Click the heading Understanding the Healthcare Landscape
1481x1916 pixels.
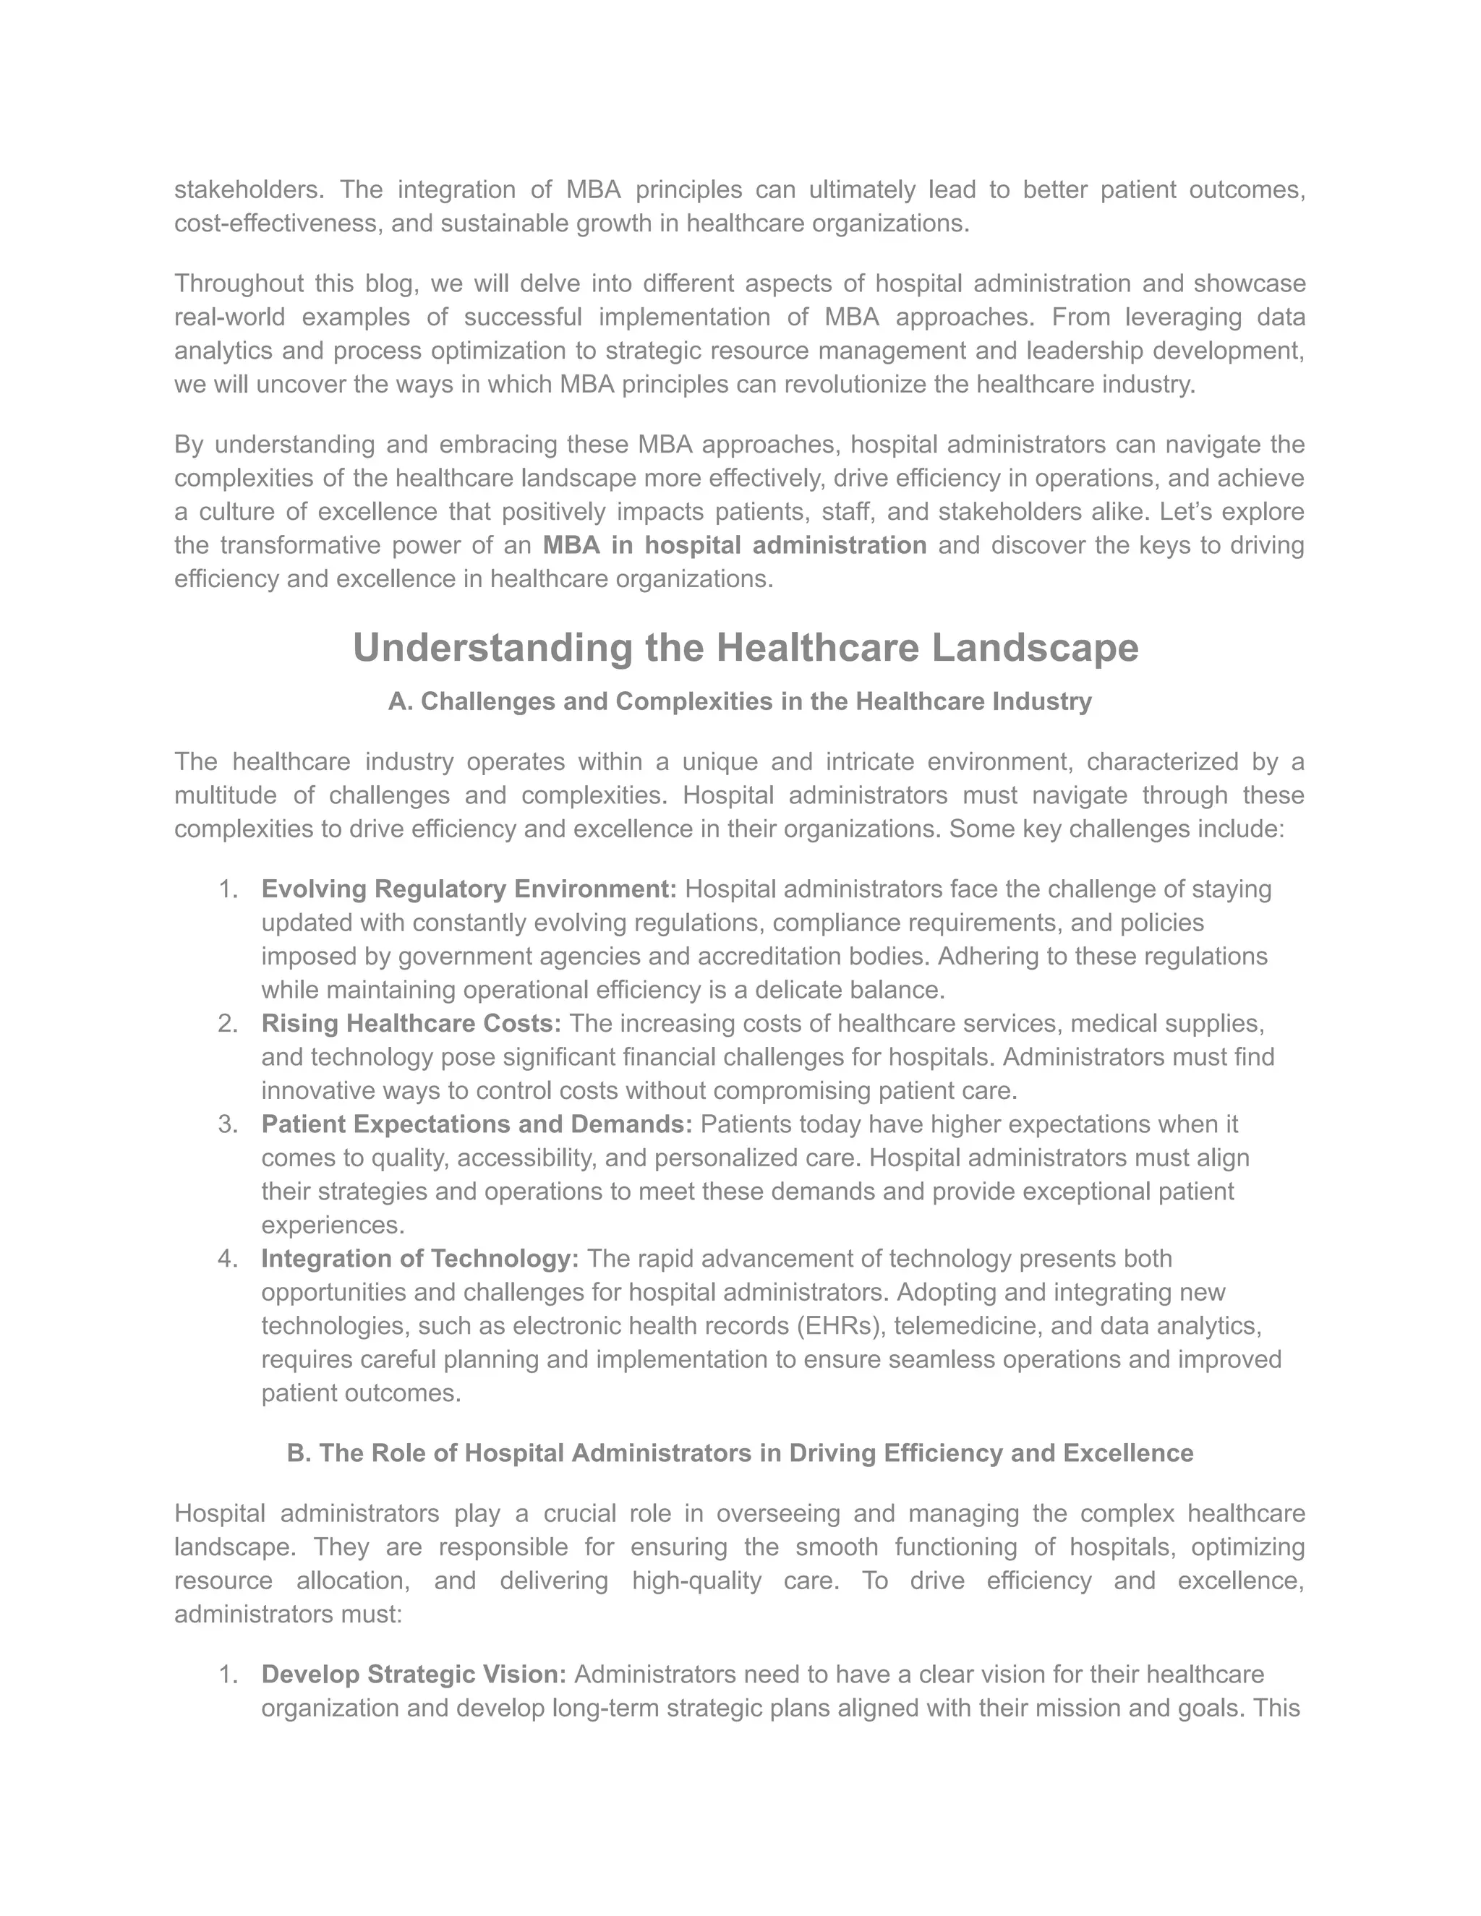[x=745, y=649]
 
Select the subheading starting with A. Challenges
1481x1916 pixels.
[x=740, y=702]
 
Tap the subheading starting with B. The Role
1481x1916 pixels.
[x=740, y=1454]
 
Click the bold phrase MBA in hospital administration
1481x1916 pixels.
[x=735, y=546]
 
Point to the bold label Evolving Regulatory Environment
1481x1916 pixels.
[x=469, y=889]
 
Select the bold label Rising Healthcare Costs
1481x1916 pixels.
[x=411, y=1024]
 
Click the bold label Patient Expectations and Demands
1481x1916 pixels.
[x=477, y=1125]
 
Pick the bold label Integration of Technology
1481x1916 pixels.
[x=419, y=1259]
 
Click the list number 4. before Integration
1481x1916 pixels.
[x=227, y=1259]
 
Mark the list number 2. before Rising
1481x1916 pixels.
[x=227, y=1024]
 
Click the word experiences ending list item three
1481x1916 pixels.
[x=333, y=1226]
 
